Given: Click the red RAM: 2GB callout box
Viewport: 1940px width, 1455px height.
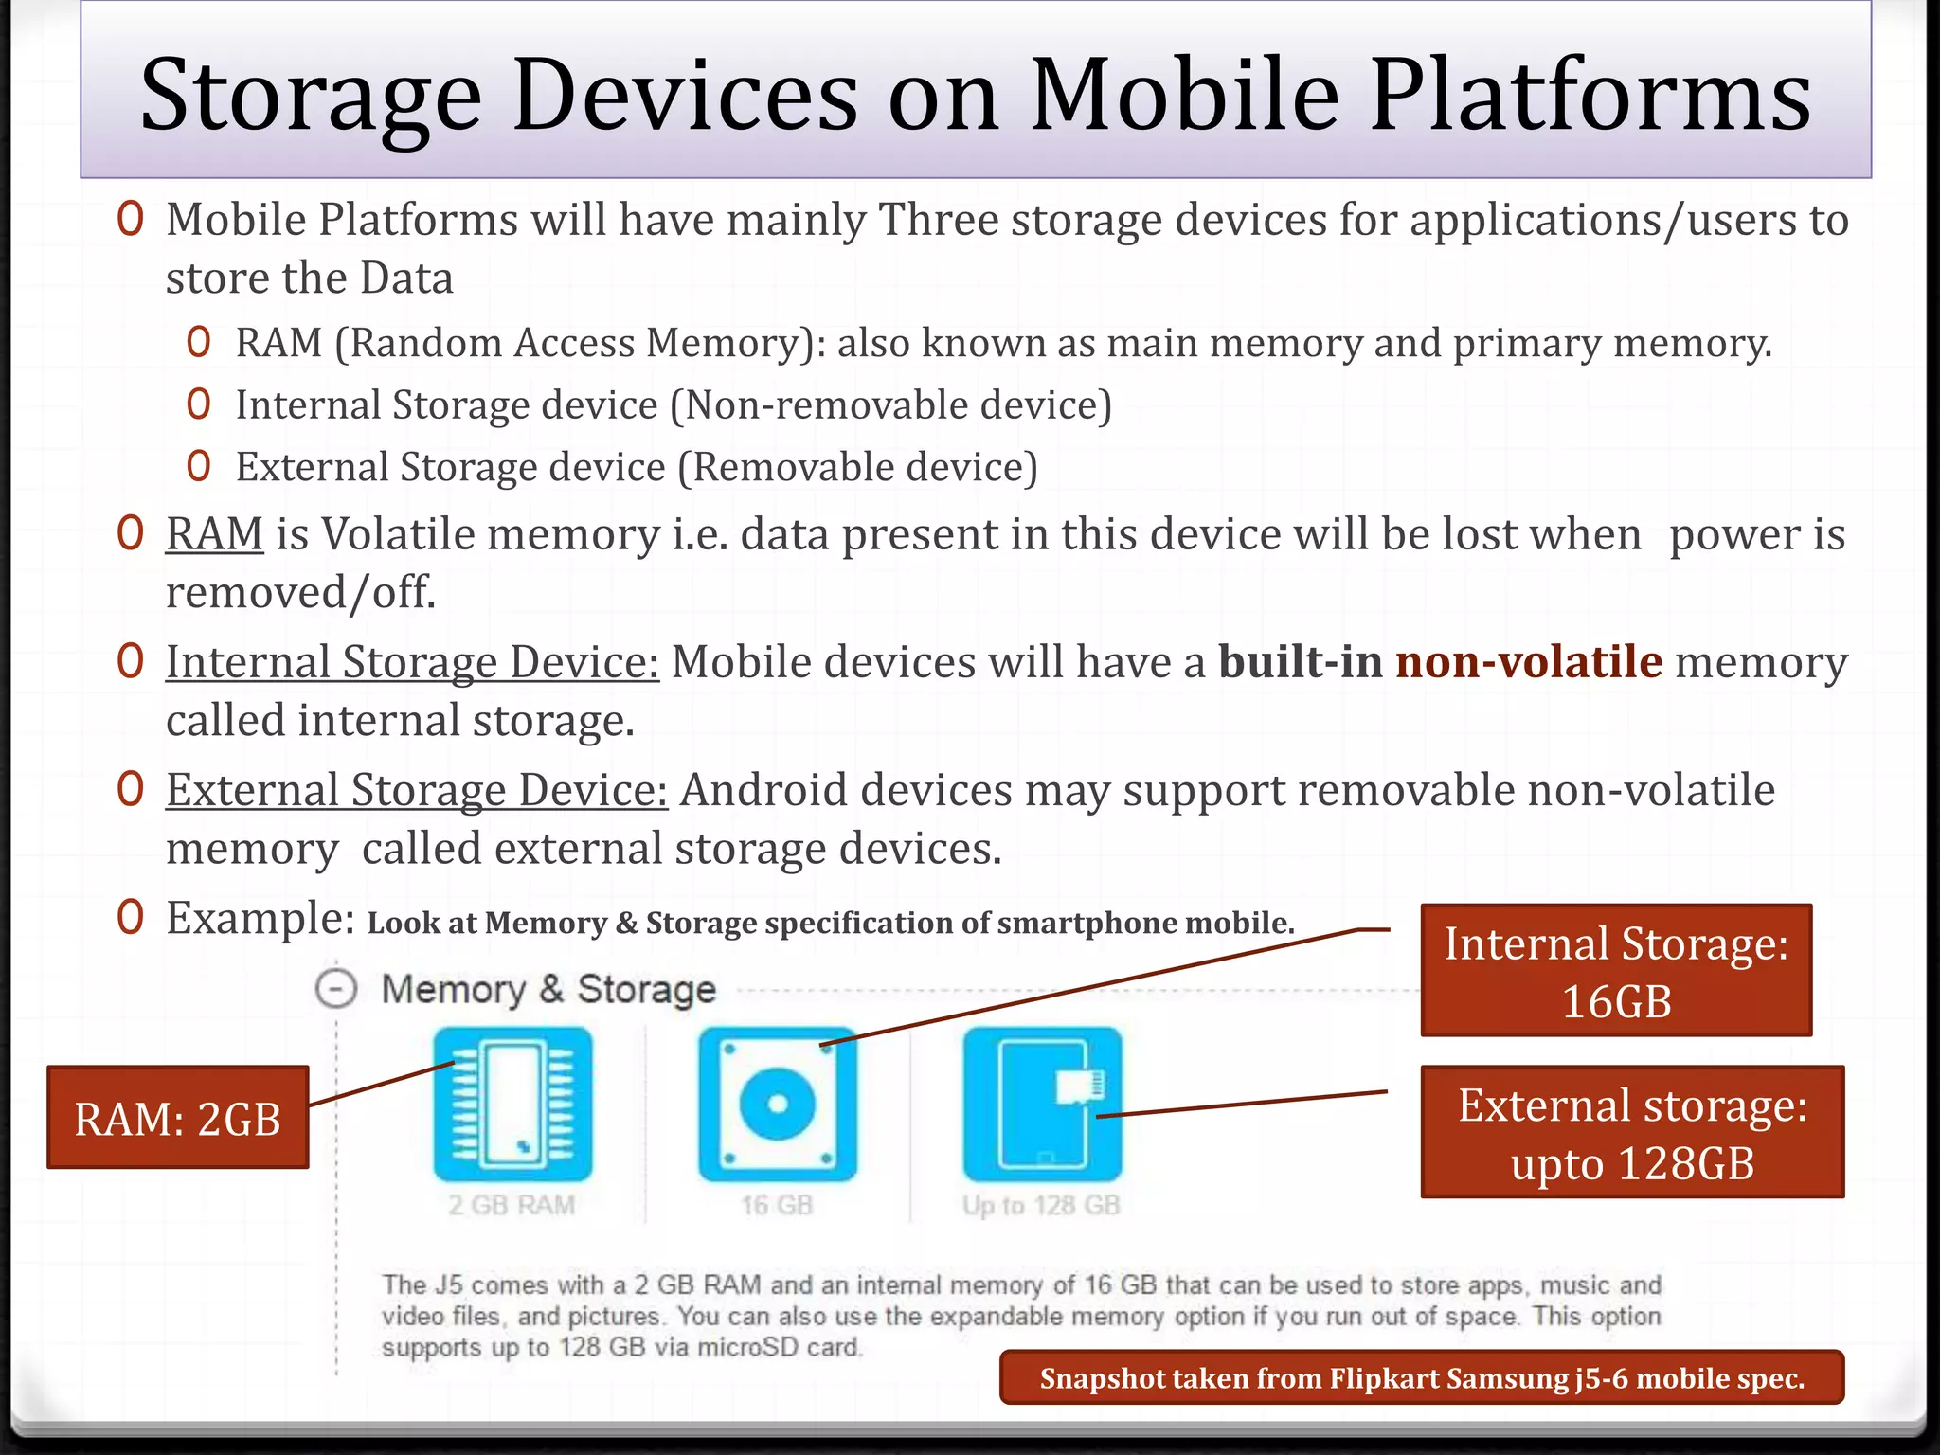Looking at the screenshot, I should coord(178,1118).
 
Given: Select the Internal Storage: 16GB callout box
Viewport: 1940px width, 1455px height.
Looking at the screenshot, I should coord(1616,971).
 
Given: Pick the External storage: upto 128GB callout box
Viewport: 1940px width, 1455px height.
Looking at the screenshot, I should coord(1632,1133).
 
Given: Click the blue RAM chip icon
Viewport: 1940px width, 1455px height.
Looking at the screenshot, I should coord(512,1105).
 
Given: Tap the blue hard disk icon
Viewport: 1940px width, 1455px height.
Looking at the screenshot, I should coord(777,1105).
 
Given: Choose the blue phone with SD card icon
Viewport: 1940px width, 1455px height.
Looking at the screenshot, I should coord(1042,1105).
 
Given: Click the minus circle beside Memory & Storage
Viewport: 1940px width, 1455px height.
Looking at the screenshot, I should coord(336,989).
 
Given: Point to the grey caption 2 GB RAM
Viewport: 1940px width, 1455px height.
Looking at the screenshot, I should coord(512,1205).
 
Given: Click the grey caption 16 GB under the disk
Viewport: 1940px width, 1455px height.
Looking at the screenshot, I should coord(777,1205).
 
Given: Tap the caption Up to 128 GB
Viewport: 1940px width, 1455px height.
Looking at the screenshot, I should coord(1041,1205).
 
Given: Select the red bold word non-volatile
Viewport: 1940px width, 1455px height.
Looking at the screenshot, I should coord(1529,662).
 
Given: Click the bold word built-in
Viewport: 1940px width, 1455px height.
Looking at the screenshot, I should coord(1300,662).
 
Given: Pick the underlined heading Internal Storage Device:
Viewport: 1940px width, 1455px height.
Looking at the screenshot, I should coord(412,662).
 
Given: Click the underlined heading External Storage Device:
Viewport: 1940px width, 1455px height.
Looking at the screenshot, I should coord(417,790).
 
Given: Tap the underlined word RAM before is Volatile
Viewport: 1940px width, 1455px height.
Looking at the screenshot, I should coord(214,534).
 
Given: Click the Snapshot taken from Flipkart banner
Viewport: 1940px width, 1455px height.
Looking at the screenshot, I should coord(1422,1377).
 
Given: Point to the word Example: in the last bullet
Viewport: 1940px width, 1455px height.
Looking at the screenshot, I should coord(260,918).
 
